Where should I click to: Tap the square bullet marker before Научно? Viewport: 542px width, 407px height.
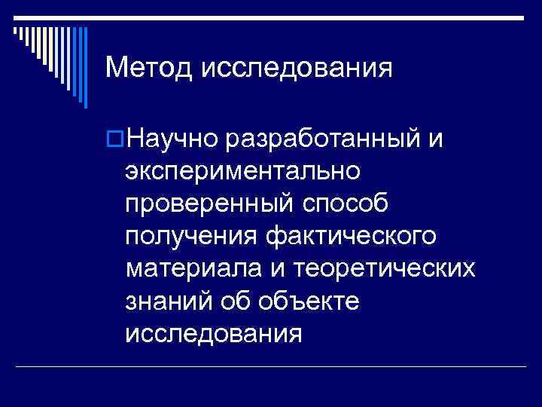pyautogui.click(x=116, y=139)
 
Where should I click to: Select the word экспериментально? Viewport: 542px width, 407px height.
pyautogui.click(x=244, y=172)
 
